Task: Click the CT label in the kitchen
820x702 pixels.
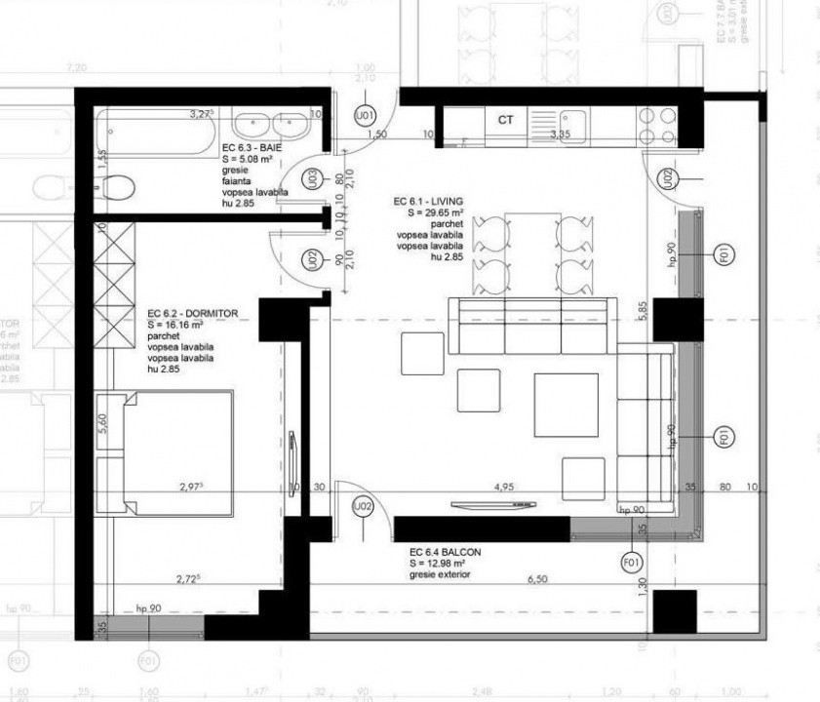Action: (x=505, y=121)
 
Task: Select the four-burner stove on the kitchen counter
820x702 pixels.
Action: (x=656, y=123)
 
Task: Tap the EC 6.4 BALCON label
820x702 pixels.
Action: (x=445, y=552)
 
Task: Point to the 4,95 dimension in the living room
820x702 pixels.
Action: (x=503, y=485)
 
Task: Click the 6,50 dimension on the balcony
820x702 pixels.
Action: (x=536, y=579)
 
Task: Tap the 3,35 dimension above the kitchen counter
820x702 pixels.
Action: (x=559, y=133)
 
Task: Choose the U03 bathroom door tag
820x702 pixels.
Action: (x=311, y=178)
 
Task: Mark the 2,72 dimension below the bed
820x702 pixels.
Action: (x=188, y=579)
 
